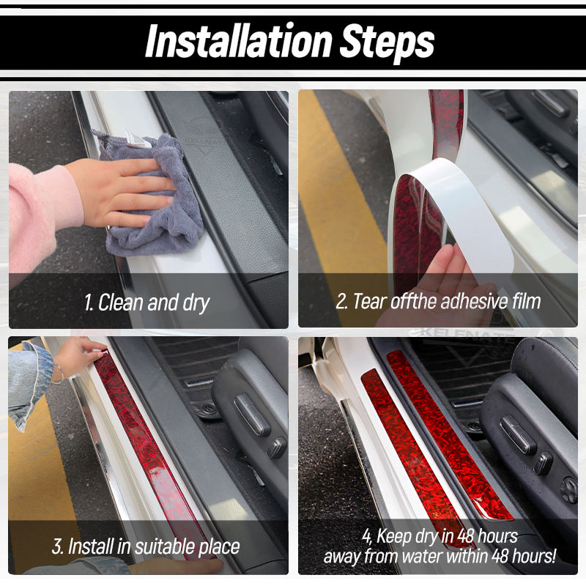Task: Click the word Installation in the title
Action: [239, 41]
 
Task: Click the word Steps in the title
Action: [387, 43]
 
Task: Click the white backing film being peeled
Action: [464, 209]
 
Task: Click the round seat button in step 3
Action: [277, 448]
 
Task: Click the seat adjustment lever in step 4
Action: [517, 434]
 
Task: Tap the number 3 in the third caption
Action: [57, 546]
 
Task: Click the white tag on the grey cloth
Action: [137, 140]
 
